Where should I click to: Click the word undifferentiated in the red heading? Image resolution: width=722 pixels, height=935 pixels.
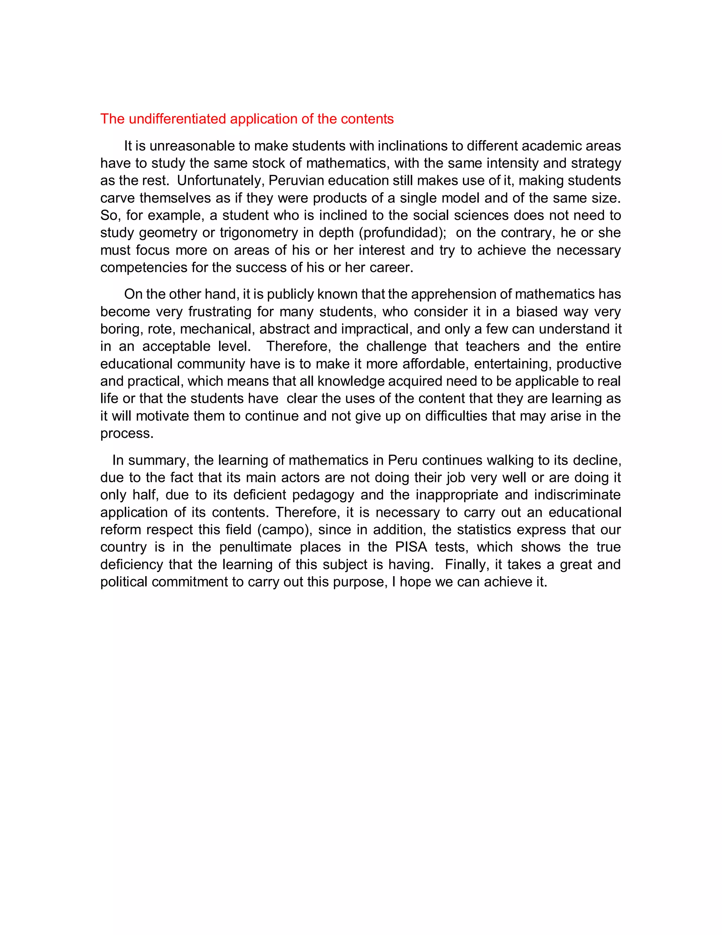tap(178, 119)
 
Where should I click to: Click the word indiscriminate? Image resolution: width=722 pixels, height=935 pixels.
tap(577, 495)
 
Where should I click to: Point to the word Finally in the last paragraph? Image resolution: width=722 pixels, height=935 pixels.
tap(467, 564)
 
